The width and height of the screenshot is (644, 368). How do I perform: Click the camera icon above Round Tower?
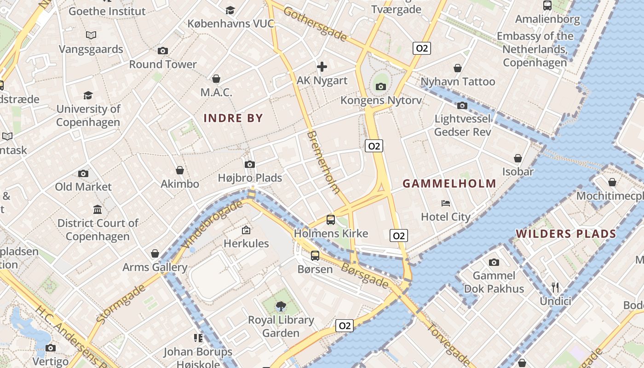(162, 51)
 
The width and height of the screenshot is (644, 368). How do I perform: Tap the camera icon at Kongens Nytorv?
(380, 86)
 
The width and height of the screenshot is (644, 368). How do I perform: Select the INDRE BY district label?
(233, 118)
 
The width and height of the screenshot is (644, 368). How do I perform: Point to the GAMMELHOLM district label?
(449, 184)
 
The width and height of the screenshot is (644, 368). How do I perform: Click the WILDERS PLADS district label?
(566, 234)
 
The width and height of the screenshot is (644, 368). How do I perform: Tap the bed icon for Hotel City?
(445, 203)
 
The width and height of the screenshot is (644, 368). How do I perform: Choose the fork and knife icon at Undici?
(555, 287)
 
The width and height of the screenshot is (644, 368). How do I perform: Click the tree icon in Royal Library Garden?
(281, 306)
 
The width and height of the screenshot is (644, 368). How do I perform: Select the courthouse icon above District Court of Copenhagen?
(98, 210)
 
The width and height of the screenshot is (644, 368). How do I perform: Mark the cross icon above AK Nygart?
(322, 67)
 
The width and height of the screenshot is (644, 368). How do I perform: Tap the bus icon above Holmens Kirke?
(330, 220)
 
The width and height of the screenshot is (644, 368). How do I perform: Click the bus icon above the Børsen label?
(315, 256)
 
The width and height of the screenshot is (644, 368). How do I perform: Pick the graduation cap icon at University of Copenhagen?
(88, 95)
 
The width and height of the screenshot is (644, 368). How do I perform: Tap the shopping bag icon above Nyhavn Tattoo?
(458, 68)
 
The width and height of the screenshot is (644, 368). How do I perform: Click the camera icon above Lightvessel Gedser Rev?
(462, 106)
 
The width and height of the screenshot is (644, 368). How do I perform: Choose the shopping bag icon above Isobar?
(518, 158)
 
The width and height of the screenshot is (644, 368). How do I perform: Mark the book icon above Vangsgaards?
(91, 35)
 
